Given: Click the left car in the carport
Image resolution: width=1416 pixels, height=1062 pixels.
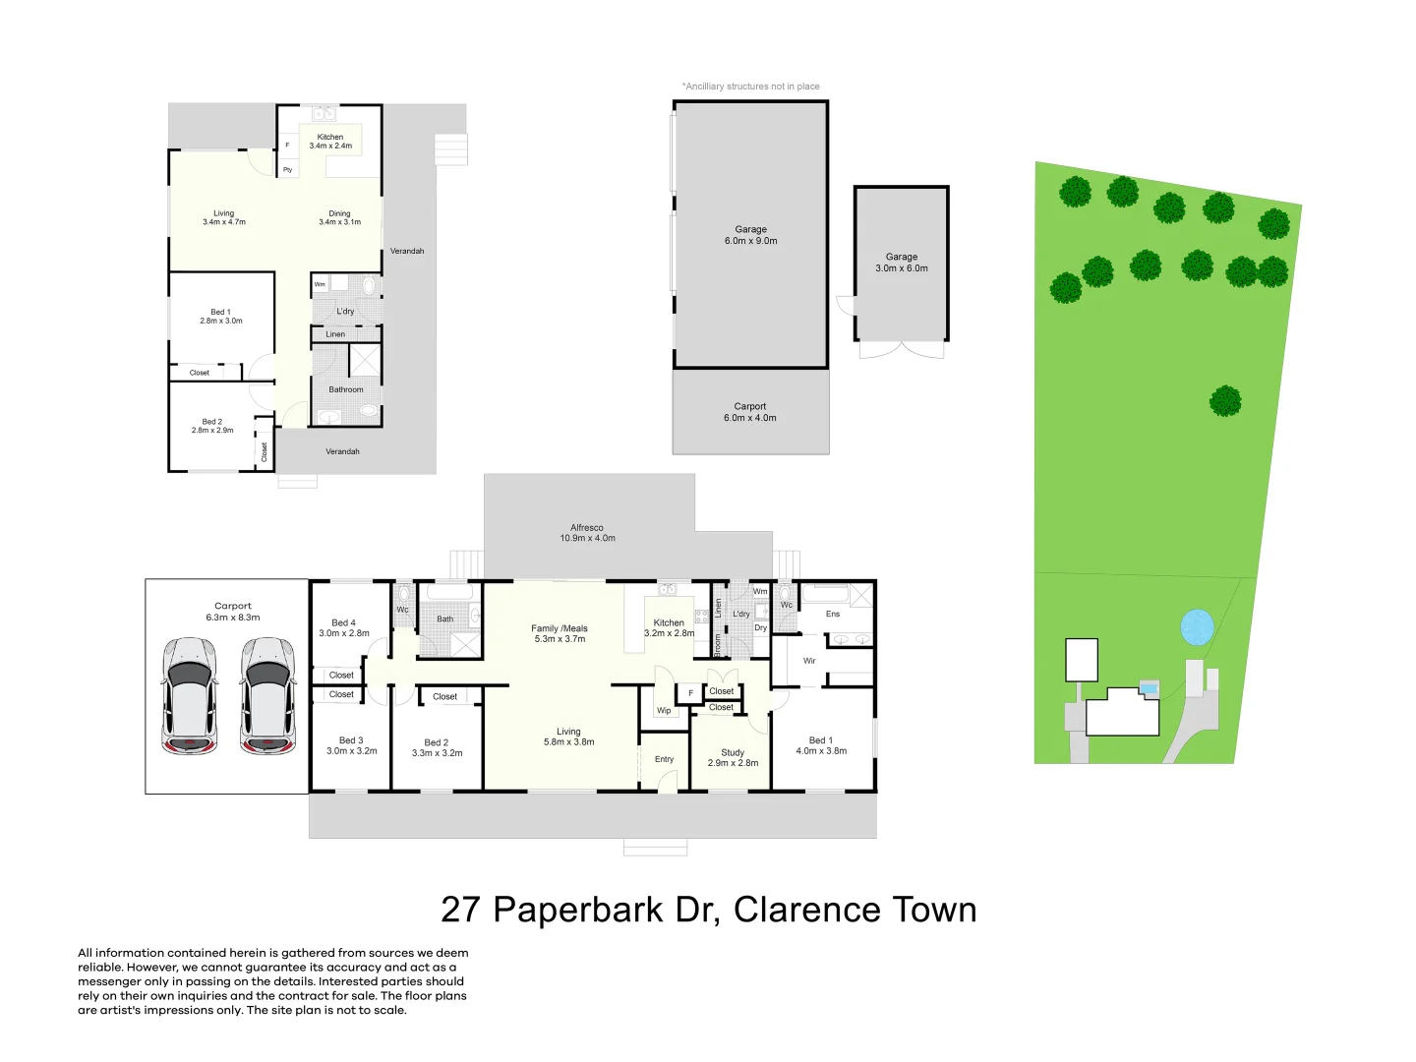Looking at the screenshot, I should click(x=190, y=696).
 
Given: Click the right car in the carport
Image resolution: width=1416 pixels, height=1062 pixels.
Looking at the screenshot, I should click(x=268, y=696).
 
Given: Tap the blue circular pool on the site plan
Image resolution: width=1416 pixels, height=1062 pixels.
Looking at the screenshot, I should click(x=1197, y=626).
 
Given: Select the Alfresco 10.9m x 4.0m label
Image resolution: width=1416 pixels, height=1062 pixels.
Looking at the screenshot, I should click(x=588, y=533).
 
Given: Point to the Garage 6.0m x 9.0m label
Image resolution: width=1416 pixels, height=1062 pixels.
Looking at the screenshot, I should click(x=750, y=235).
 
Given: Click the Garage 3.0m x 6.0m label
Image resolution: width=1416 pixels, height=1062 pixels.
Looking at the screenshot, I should click(x=902, y=263).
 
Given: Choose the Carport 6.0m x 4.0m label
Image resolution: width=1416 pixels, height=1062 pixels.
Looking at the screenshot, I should click(x=750, y=412).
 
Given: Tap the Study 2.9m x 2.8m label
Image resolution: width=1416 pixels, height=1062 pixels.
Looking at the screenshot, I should click(x=733, y=757).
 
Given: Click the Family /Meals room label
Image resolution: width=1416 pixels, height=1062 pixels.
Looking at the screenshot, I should click(x=559, y=633).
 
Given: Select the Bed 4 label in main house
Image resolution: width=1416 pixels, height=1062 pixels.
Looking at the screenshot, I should click(x=344, y=627).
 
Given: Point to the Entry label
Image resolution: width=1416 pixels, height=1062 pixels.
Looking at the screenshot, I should click(x=665, y=759).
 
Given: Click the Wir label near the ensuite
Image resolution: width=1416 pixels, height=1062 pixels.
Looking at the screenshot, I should click(x=809, y=661).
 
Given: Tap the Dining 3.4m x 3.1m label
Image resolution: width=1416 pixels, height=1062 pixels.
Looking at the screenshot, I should click(x=339, y=217).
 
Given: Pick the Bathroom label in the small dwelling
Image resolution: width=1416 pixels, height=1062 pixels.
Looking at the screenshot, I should click(x=346, y=389).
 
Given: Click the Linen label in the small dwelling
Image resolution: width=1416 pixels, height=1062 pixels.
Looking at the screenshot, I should click(x=335, y=334).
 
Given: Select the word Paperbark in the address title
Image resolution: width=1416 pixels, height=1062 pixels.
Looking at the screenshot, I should click(x=578, y=910).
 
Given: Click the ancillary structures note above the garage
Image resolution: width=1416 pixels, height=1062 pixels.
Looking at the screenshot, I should click(x=751, y=87).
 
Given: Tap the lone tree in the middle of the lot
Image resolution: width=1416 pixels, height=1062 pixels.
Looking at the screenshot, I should click(x=1225, y=401).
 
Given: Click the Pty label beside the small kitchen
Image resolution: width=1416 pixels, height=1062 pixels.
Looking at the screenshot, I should click(x=288, y=170).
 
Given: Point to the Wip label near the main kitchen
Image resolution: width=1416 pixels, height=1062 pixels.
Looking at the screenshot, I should click(x=664, y=710).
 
